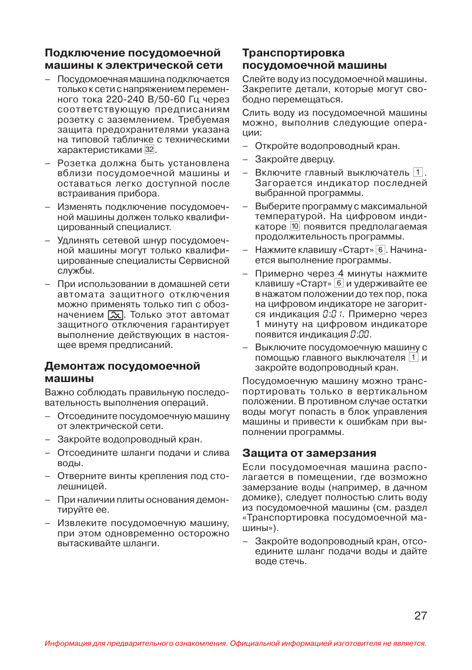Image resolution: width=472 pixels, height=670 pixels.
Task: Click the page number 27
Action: pos(421,616)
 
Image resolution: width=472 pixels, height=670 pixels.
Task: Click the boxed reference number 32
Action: pos(149,149)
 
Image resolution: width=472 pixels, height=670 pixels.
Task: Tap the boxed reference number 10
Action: pos(295,226)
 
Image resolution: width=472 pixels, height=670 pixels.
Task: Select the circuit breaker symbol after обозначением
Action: pos(115,315)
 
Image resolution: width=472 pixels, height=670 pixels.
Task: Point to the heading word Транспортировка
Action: pos(293,53)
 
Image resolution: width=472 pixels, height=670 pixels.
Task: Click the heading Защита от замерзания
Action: pos(309,453)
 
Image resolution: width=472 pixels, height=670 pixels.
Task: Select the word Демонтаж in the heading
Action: pos(75,366)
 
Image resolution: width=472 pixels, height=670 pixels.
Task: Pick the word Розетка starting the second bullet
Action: pos(77,163)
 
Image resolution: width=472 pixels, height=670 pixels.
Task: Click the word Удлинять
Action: pos(77,240)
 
